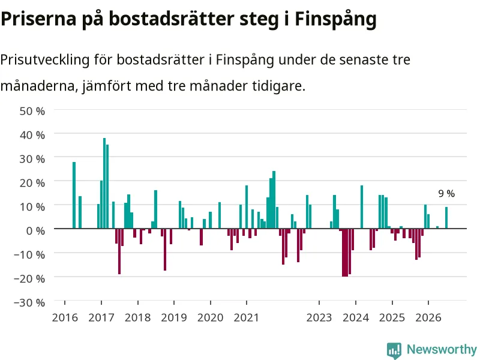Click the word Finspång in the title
click(x=335, y=19)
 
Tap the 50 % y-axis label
click(x=32, y=111)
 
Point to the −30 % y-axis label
click(x=29, y=303)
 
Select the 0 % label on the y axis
click(x=36, y=231)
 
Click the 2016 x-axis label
click(x=65, y=318)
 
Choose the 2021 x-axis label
click(x=247, y=318)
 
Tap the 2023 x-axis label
click(x=319, y=318)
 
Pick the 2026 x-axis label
click(x=428, y=318)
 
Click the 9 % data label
click(x=446, y=193)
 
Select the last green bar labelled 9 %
click(x=446, y=218)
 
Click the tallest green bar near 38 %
click(x=104, y=183)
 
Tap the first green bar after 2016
click(x=74, y=195)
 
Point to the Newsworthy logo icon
click(x=394, y=350)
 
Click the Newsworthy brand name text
click(x=442, y=349)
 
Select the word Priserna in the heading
click(x=38, y=19)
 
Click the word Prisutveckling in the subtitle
click(x=45, y=59)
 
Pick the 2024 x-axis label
click(x=356, y=318)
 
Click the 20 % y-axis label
click(x=32, y=183)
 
